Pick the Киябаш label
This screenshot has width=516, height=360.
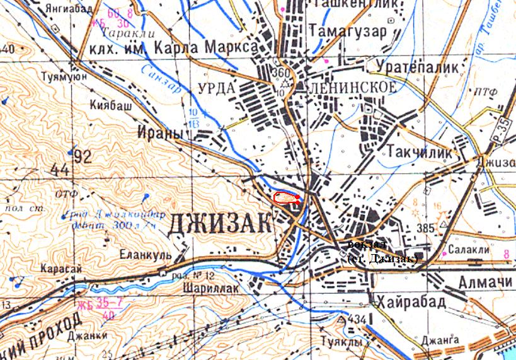[110, 105]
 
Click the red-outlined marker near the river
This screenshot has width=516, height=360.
[287, 199]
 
